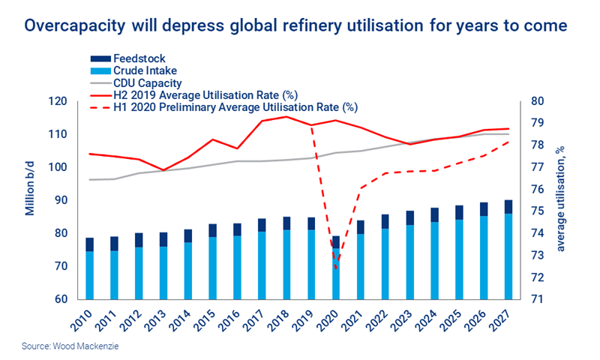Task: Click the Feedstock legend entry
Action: (139, 58)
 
